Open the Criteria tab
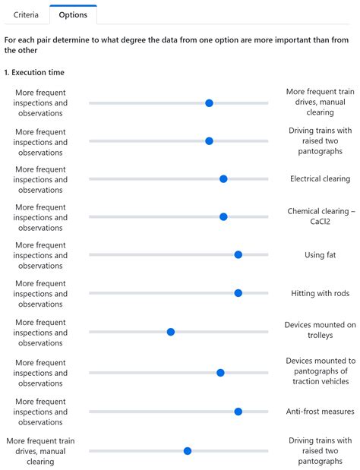(x=27, y=14)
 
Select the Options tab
(x=73, y=14)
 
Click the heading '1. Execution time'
(x=34, y=72)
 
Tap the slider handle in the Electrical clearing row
(x=223, y=179)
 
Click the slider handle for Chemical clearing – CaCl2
(x=223, y=217)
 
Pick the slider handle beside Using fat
(x=238, y=255)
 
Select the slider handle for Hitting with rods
(x=238, y=293)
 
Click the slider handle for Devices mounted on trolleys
(x=171, y=332)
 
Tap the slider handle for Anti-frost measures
(x=238, y=412)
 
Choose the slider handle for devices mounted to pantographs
(x=220, y=373)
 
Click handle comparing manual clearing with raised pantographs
(x=188, y=451)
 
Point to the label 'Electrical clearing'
(x=320, y=179)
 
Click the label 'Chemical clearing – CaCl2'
(x=320, y=216)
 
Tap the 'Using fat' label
(x=320, y=255)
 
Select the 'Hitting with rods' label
(x=320, y=293)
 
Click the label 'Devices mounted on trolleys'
(x=320, y=330)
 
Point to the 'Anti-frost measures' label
(x=320, y=412)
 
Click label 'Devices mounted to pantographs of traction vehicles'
(x=320, y=371)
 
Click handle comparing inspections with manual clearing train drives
(x=209, y=103)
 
